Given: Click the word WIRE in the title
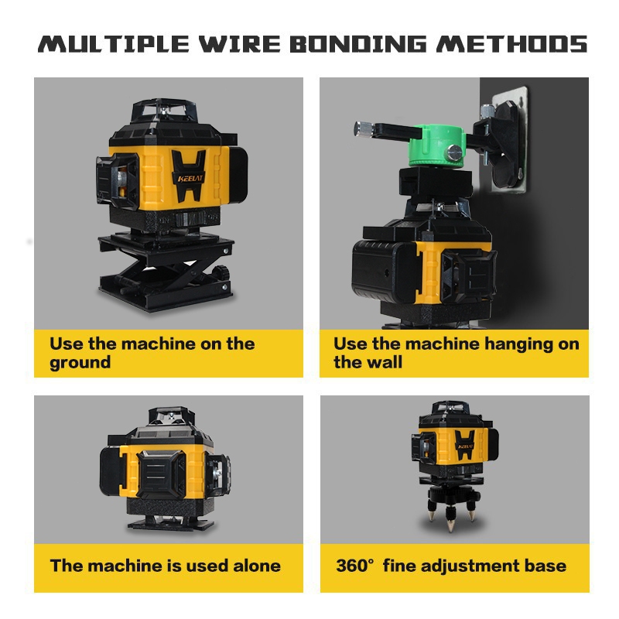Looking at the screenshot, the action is [240, 44].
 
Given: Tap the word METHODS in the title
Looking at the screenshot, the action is [512, 44].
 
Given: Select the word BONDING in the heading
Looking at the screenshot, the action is [358, 44].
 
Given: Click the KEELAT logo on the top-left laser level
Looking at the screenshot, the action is [190, 179].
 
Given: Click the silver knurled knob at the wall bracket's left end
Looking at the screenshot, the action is [364, 129].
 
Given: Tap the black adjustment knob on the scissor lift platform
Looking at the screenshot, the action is [221, 272].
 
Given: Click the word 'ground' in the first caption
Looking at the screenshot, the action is [80, 363].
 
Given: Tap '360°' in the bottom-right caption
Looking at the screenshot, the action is [355, 566].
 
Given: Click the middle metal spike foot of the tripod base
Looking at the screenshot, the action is [450, 523].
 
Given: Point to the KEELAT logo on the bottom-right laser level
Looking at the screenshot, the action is [465, 446].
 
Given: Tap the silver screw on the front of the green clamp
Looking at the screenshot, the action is [455, 152].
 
